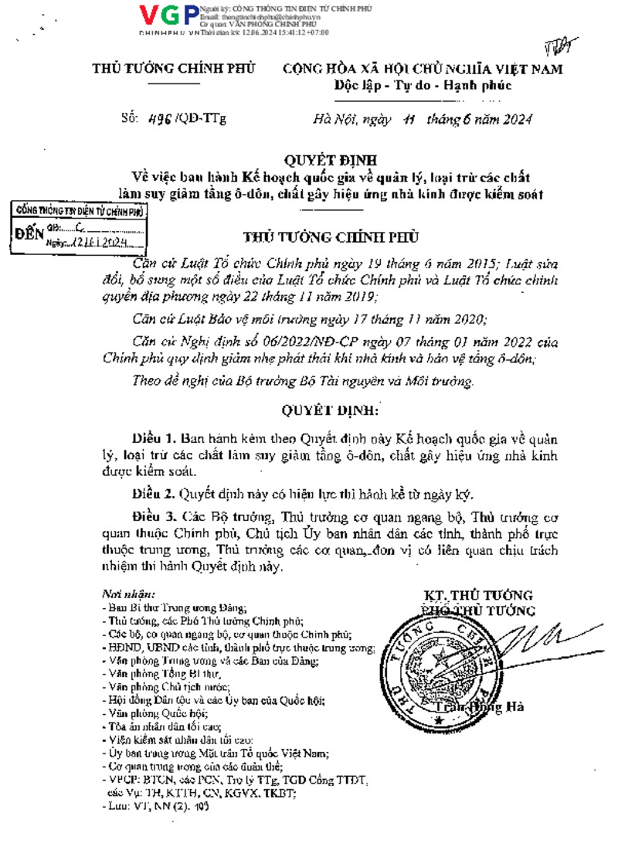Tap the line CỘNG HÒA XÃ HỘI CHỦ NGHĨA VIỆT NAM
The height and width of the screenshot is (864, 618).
coord(423,69)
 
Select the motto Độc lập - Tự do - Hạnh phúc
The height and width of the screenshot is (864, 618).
coord(423,85)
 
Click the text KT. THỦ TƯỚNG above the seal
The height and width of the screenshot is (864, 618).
coord(478,595)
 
